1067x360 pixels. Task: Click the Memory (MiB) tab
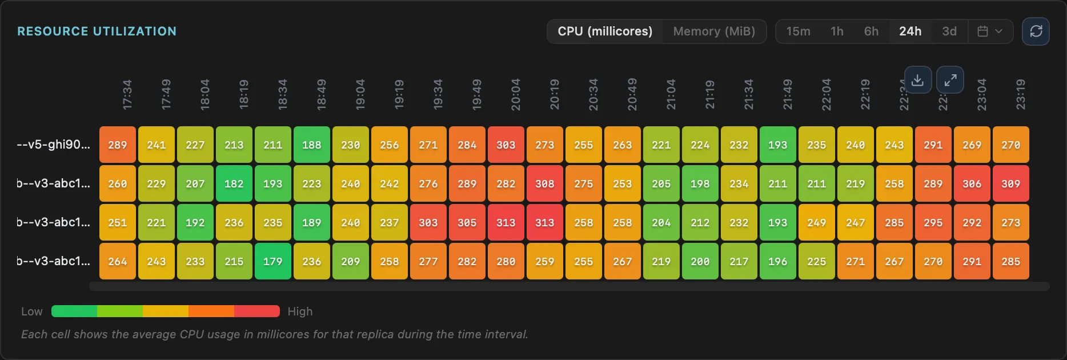coord(714,31)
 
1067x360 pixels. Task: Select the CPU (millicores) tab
coord(605,31)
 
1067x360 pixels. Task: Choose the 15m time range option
coord(798,31)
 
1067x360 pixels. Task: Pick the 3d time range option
coord(949,31)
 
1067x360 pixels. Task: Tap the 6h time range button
coord(871,31)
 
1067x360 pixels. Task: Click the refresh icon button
coord(1036,31)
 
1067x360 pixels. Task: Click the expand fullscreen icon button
coord(950,80)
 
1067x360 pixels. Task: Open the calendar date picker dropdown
coord(990,31)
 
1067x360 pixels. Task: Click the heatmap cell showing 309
coord(1010,184)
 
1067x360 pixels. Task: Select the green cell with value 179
coord(272,262)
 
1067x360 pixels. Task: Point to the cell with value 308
coord(544,184)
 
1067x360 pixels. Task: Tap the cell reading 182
coord(234,184)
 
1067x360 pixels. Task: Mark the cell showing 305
coord(467,223)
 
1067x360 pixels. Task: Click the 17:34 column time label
coord(127,95)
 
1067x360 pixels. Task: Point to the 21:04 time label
coord(671,95)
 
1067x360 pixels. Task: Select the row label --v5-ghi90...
coord(54,145)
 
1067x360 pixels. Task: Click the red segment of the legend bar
coord(256,311)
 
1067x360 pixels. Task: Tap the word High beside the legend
coord(300,311)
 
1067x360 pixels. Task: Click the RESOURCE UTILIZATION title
coord(97,31)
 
